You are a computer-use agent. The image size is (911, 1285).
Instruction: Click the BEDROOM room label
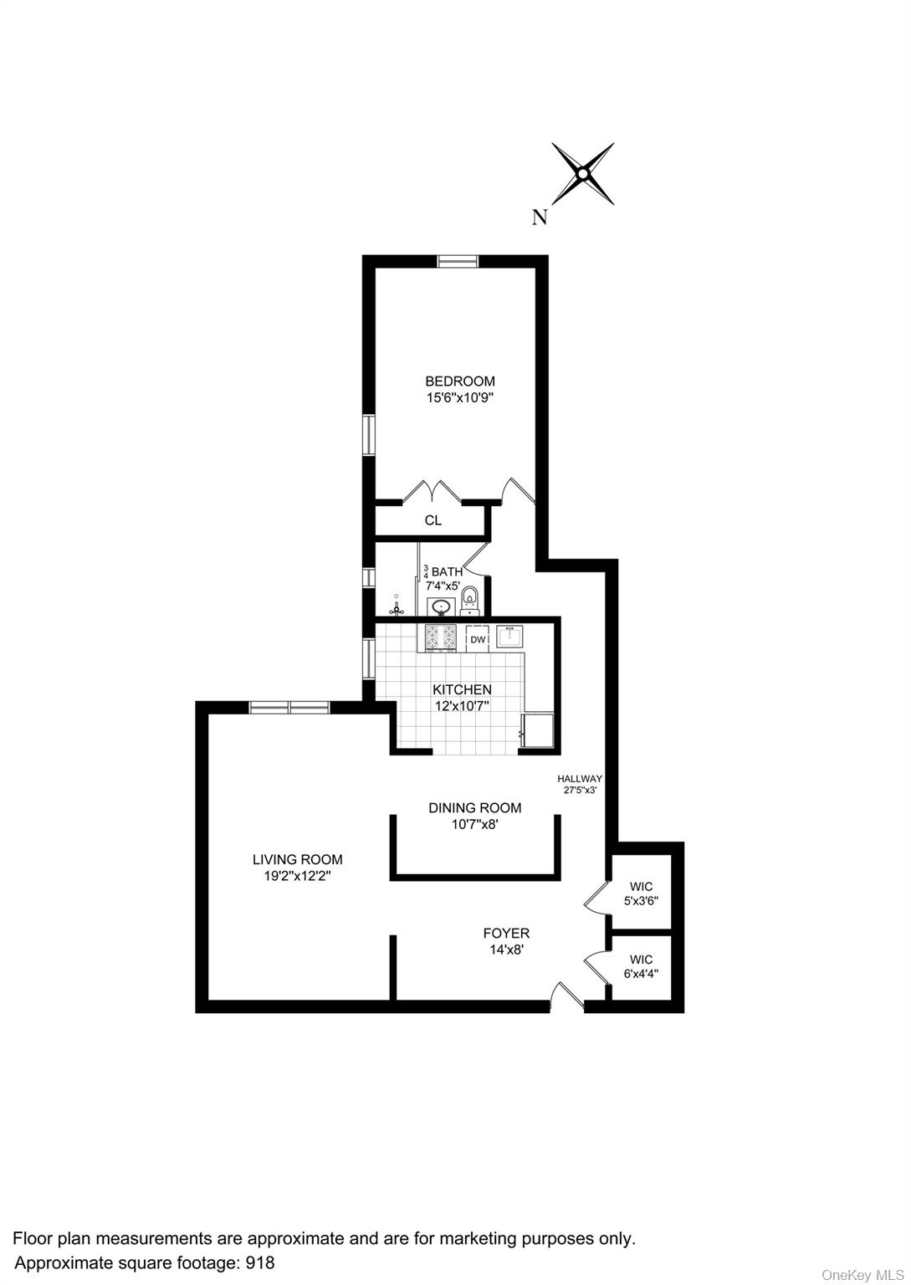(x=459, y=381)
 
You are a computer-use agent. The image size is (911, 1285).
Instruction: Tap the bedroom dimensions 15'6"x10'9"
(x=459, y=399)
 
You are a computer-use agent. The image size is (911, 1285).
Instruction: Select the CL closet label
(x=432, y=520)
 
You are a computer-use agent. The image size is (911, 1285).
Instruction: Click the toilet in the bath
(x=470, y=597)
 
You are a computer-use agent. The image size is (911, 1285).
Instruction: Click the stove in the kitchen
(x=440, y=638)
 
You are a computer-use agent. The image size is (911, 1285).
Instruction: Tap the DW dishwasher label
(x=478, y=640)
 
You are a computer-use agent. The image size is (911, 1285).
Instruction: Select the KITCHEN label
(x=462, y=690)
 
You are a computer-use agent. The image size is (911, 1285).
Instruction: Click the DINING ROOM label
(x=474, y=808)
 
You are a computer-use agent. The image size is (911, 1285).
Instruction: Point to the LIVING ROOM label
(x=298, y=859)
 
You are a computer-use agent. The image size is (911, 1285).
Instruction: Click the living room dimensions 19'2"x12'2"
(x=298, y=877)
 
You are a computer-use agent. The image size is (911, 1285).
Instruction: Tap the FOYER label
(x=506, y=933)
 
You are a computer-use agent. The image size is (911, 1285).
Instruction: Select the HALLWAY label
(x=580, y=778)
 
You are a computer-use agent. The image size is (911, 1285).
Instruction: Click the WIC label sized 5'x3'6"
(x=641, y=887)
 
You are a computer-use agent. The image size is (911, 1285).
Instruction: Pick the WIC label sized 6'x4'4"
(x=641, y=960)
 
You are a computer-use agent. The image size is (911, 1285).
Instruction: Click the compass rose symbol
(x=582, y=174)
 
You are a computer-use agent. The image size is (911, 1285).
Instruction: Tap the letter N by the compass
(x=540, y=218)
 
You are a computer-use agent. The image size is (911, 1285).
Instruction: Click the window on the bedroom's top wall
(x=458, y=261)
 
